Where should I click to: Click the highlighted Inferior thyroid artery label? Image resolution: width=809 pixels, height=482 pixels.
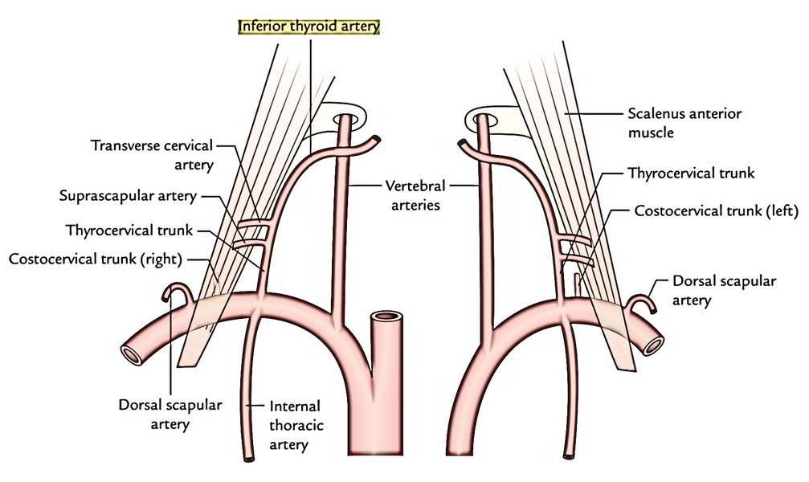click(x=308, y=27)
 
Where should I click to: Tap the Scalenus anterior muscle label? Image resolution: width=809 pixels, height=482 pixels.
click(x=684, y=123)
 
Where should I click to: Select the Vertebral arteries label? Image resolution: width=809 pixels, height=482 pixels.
click(x=415, y=195)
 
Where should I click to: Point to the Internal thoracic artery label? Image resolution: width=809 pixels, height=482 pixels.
click(x=296, y=425)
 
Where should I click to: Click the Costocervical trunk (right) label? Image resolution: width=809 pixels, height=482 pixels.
click(x=96, y=259)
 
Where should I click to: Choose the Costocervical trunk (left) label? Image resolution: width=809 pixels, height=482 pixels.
click(x=716, y=210)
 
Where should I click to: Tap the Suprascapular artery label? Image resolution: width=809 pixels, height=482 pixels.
click(x=128, y=196)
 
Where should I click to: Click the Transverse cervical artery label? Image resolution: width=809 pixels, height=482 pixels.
click(x=152, y=155)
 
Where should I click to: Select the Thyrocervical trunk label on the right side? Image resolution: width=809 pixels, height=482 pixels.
click(x=691, y=173)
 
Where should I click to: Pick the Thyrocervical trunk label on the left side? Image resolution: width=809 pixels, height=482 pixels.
click(x=129, y=231)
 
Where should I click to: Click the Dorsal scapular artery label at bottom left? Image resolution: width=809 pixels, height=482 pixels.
click(x=170, y=415)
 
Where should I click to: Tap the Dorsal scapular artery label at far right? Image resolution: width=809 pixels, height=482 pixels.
click(x=724, y=291)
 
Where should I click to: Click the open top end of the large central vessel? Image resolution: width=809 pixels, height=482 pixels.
click(x=387, y=317)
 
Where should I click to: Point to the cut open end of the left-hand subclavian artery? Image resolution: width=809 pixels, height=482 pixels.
click(x=131, y=354)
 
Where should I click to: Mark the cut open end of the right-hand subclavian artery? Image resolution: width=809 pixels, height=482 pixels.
click(x=652, y=344)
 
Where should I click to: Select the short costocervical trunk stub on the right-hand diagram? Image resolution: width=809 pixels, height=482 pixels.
click(x=577, y=285)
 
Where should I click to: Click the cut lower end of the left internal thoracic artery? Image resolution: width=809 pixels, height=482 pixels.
click(x=249, y=457)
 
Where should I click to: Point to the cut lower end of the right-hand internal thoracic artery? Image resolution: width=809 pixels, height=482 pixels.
click(x=569, y=455)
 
